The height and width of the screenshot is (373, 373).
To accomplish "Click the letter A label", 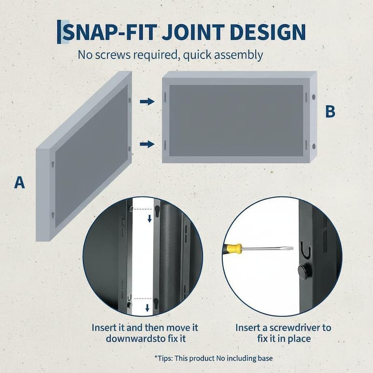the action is [x=20, y=182].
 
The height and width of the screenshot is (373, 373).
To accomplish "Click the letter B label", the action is [x=330, y=111].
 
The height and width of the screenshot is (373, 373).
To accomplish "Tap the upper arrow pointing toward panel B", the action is [x=147, y=102].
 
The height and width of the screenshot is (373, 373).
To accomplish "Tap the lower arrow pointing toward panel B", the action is [x=147, y=144].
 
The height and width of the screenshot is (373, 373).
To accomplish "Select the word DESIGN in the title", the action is [x=268, y=32].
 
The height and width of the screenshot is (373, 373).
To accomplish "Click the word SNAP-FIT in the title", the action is [x=109, y=32].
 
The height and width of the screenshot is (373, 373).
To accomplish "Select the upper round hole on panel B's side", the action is [x=314, y=97].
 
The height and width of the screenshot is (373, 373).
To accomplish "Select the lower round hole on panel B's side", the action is [x=314, y=146].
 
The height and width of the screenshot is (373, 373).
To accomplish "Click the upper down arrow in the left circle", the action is [x=150, y=219].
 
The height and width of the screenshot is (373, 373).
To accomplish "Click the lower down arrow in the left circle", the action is [x=147, y=308].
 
